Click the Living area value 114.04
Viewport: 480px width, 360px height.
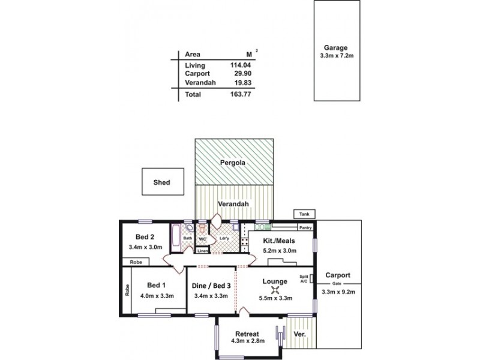[x=241, y=65]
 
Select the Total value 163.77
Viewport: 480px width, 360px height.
[x=241, y=94]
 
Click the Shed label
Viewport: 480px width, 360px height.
[x=161, y=182]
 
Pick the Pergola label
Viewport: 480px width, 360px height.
[x=233, y=162]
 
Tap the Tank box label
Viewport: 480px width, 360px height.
[x=301, y=214]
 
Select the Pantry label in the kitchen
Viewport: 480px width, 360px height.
[x=306, y=228]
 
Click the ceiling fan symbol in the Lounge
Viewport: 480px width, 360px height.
[x=275, y=290]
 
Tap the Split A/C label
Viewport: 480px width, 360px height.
[x=304, y=278]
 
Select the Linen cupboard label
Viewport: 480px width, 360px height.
[x=202, y=250]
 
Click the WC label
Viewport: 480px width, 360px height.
[x=202, y=239]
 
